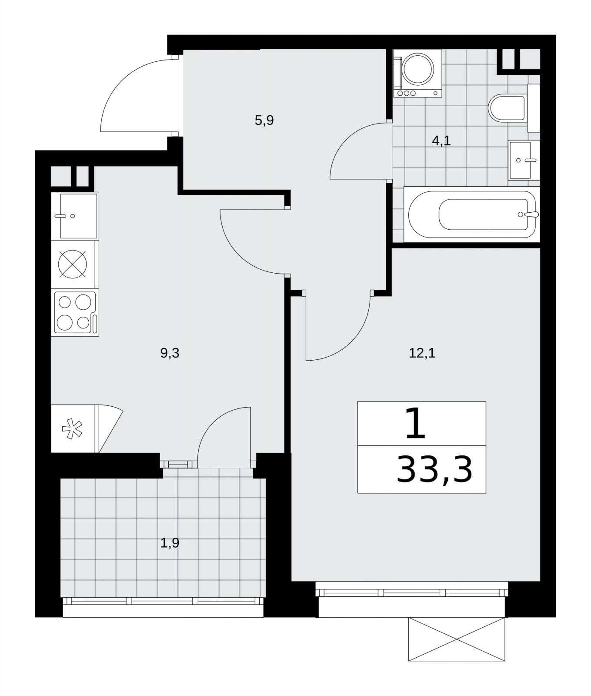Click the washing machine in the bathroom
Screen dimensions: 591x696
[417, 73]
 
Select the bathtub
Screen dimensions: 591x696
[472, 214]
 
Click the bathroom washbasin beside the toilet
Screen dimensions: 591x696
[524, 160]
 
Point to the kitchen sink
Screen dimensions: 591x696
[75, 216]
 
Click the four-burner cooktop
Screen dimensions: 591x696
[75, 312]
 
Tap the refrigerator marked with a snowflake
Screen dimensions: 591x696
[75, 429]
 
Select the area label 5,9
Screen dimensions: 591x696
[264, 120]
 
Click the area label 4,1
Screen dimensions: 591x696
[441, 141]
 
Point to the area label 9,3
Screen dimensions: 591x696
[170, 353]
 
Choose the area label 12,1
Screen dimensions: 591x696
[422, 353]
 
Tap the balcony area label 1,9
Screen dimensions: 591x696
[170, 543]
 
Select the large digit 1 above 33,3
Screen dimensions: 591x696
[415, 423]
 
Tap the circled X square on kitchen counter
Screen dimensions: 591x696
[73, 264]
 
